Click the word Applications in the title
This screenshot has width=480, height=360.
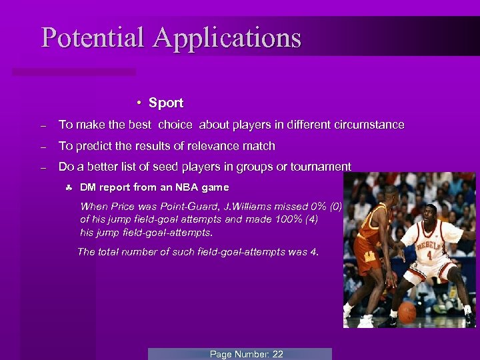227,39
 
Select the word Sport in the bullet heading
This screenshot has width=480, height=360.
166,103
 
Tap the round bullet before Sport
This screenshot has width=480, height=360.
137,103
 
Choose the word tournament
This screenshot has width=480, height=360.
317,167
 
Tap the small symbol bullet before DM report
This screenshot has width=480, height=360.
69,187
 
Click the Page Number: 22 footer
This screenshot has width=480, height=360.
246,354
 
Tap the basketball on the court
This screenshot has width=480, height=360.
406,312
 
